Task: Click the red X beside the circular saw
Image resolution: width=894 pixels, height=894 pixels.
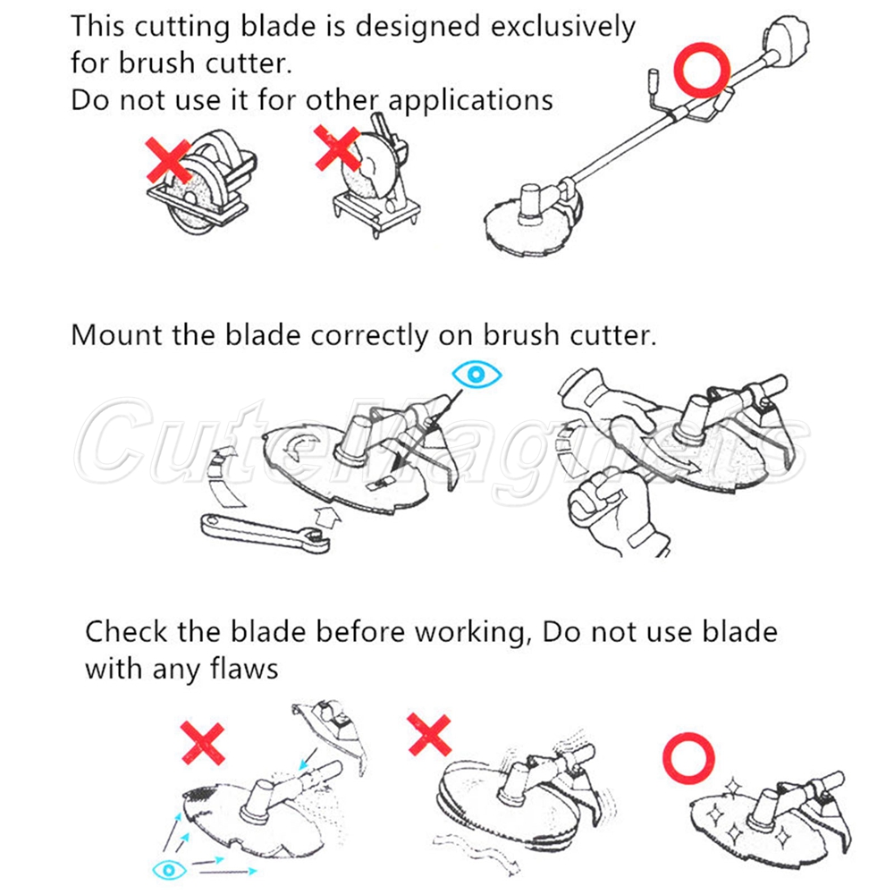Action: [169, 160]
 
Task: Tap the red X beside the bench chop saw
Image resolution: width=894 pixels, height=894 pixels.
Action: [337, 148]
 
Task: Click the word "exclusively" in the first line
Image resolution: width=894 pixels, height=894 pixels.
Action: [562, 27]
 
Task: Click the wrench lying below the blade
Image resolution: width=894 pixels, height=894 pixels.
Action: [266, 534]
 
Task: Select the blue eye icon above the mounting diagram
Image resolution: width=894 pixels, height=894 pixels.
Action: [477, 375]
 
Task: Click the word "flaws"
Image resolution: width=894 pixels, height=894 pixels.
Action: [244, 668]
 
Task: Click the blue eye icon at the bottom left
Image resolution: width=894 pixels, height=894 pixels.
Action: [169, 870]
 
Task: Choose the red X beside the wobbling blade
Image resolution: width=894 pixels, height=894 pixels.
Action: [429, 735]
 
